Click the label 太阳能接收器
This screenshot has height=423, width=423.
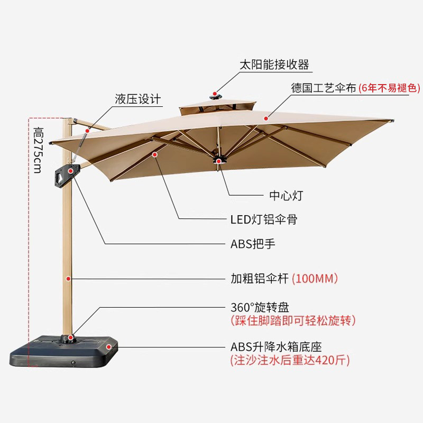pyautogui.click(x=274, y=65)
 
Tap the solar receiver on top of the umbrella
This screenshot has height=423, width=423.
pyautogui.click(x=216, y=95)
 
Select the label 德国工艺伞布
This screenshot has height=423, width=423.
pyautogui.click(x=323, y=88)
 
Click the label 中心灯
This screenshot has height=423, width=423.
pyautogui.click(x=286, y=196)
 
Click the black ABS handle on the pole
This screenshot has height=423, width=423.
pyautogui.click(x=66, y=174)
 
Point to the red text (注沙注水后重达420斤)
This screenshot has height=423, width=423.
pyautogui.click(x=290, y=361)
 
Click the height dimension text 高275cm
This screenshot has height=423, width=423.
pyautogui.click(x=38, y=149)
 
